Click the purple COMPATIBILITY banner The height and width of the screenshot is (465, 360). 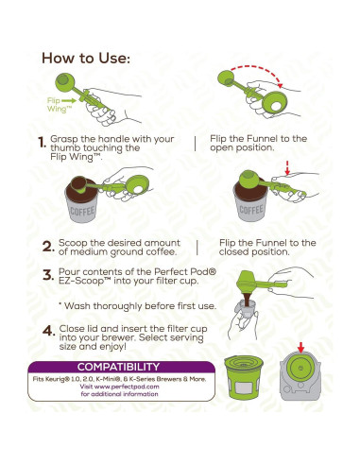[x=117, y=367]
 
